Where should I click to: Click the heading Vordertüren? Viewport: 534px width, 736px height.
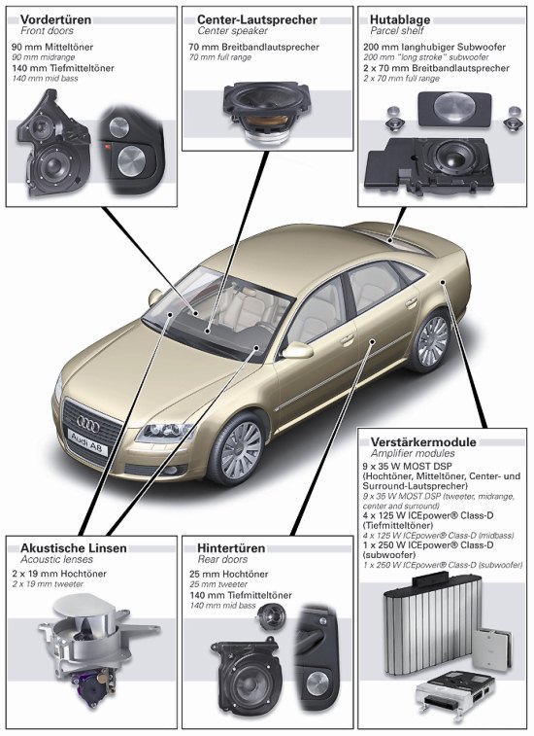tap(55, 19)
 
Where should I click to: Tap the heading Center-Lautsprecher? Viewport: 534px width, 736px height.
tap(257, 19)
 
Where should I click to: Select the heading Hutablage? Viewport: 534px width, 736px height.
tap(400, 19)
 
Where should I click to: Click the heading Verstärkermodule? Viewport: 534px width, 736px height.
tap(423, 442)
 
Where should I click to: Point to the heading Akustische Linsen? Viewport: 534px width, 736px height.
tap(74, 548)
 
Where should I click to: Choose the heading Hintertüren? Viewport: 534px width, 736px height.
tap(231, 548)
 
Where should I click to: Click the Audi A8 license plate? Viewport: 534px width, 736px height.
tap(87, 442)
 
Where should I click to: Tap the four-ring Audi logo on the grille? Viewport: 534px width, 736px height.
tap(88, 424)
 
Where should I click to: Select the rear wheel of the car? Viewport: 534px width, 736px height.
tap(430, 340)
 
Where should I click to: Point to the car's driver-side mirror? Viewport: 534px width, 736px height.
tap(297, 351)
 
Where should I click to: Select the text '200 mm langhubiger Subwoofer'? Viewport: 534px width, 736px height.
tap(434, 47)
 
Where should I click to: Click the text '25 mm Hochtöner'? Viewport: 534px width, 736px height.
tap(229, 574)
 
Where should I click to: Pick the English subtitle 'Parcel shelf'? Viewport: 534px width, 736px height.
tap(397, 31)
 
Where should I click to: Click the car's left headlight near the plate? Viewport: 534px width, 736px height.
tap(164, 432)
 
